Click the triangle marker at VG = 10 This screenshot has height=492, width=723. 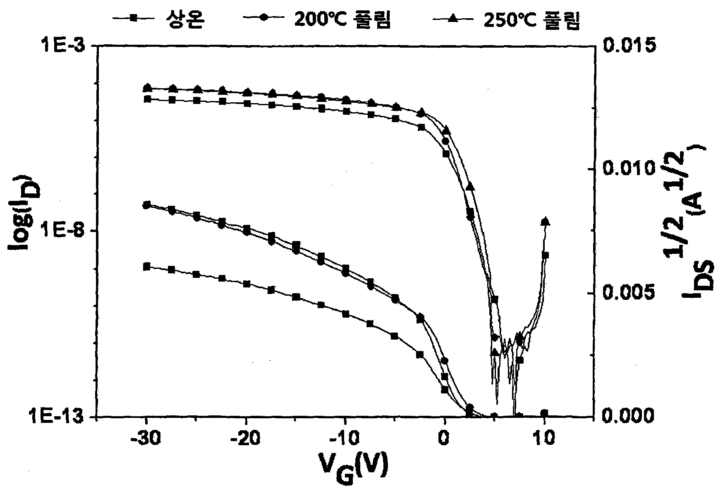pyautogui.click(x=545, y=221)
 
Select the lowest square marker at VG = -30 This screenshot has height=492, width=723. pyautogui.click(x=146, y=266)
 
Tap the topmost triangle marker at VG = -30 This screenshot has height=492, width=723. pyautogui.click(x=147, y=87)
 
